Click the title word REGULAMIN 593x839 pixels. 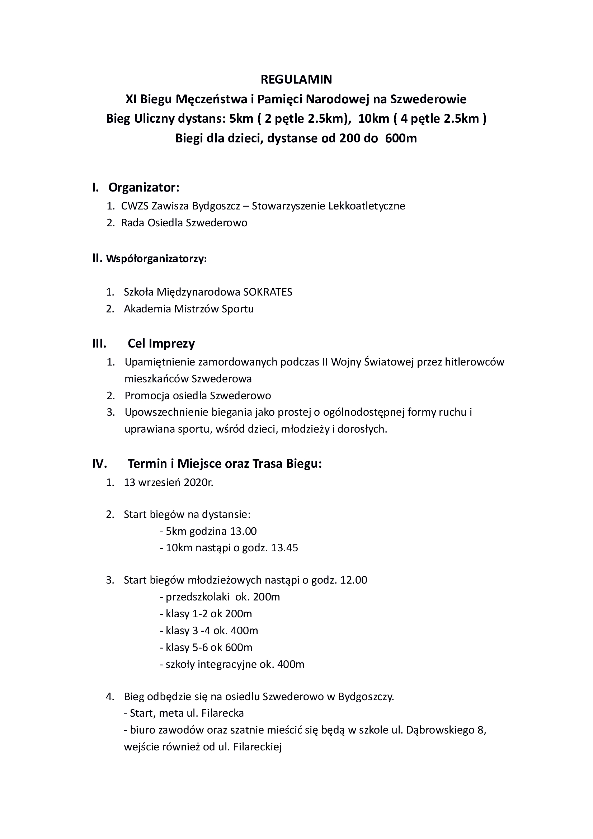[x=296, y=79]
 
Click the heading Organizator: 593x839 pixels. [x=143, y=188]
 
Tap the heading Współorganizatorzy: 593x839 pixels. [x=156, y=259]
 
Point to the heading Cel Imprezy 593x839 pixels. [x=161, y=344]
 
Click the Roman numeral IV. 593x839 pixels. [x=99, y=464]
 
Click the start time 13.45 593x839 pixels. [x=284, y=548]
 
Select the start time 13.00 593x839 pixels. [x=243, y=531]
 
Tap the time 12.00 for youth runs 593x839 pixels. [x=353, y=580]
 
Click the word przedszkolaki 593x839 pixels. [x=197, y=597]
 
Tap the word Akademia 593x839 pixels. [x=147, y=309]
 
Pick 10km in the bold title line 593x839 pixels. [x=373, y=119]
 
